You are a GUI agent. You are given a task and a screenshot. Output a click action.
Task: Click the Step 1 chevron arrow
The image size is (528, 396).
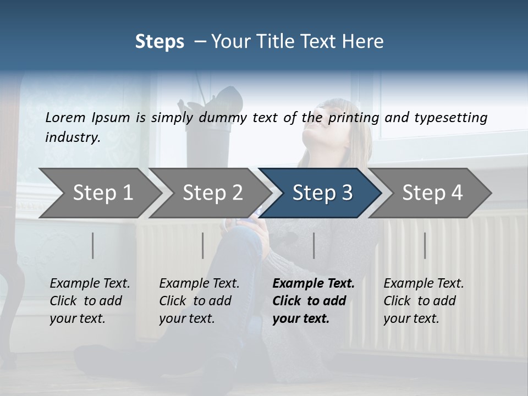(x=102, y=193)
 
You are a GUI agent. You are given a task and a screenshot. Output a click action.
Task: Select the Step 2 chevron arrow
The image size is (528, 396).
(x=212, y=193)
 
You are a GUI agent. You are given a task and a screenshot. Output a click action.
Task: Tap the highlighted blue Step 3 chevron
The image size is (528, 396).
(x=322, y=193)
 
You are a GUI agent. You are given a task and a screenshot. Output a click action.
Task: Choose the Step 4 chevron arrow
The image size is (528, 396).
(x=432, y=193)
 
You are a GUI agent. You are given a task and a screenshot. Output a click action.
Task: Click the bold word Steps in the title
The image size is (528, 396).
(x=159, y=41)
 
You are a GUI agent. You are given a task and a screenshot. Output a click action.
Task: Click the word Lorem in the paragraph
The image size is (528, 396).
(x=65, y=117)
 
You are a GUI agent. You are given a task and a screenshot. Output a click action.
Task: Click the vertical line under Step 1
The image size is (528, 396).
(x=93, y=245)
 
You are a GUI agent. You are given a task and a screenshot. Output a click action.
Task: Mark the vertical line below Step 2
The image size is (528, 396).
(x=203, y=245)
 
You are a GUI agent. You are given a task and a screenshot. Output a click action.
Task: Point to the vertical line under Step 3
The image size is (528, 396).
(x=314, y=245)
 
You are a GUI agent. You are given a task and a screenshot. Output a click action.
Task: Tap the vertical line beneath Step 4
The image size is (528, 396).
(x=425, y=245)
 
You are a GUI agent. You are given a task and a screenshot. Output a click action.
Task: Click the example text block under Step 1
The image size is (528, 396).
(x=90, y=301)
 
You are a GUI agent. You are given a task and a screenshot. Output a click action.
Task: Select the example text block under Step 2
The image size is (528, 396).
(x=199, y=301)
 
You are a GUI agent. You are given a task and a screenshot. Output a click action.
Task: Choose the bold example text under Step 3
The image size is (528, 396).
(x=313, y=301)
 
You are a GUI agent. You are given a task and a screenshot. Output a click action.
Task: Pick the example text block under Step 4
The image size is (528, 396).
(x=424, y=301)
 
